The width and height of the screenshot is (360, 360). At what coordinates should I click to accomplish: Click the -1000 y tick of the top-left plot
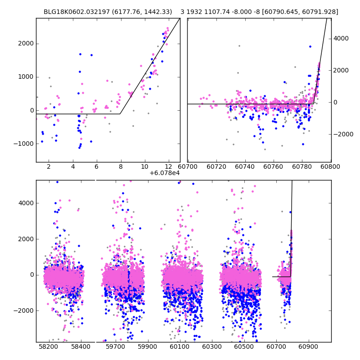point(25,144)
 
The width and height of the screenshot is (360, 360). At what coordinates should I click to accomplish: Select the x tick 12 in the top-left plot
point(168,166)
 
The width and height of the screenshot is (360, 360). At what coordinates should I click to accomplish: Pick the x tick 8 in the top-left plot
point(120,166)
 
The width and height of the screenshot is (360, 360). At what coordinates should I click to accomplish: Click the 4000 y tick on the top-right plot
point(341,39)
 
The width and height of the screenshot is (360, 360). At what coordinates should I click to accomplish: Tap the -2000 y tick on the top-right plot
point(342,134)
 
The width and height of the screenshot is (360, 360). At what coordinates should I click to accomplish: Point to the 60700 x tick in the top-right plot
point(188,166)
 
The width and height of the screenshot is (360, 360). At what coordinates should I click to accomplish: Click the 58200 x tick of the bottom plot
point(49,346)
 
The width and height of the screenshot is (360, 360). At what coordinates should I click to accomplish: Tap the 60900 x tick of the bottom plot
point(309,346)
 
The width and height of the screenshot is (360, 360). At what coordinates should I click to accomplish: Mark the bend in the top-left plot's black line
point(120,114)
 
